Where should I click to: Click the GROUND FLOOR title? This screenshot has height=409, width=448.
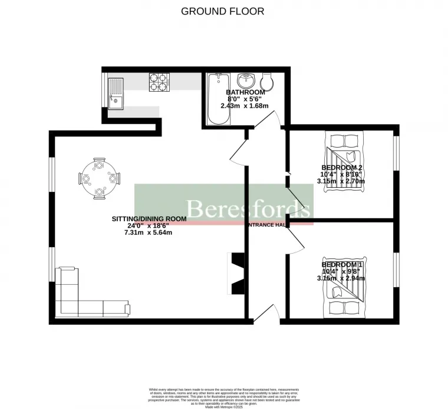(222, 11)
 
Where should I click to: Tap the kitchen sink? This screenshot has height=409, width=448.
(116, 94)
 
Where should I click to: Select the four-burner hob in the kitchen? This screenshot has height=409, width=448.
(159, 82)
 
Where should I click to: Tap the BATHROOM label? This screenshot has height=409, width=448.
(245, 92)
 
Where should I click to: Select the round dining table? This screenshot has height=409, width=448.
(99, 177)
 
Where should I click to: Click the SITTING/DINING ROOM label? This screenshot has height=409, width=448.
(149, 218)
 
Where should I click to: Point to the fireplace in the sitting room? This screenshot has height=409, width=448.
(238, 273)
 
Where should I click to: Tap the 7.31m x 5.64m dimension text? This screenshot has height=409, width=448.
(147, 232)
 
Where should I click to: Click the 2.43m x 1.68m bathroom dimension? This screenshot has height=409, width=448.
(245, 106)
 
